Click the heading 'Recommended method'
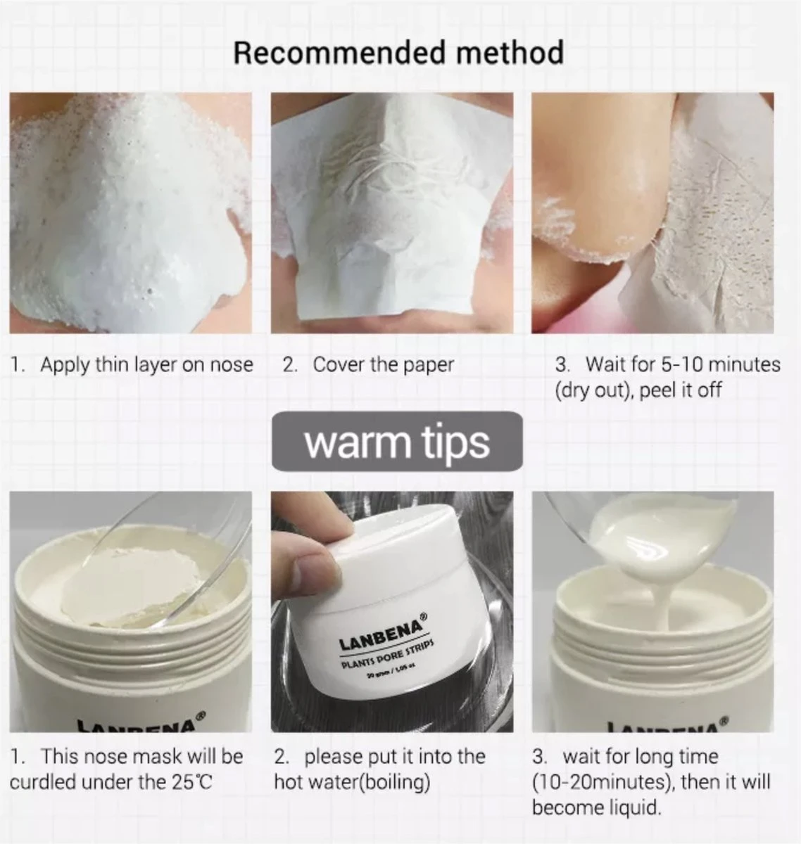(398, 53)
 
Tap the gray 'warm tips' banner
(397, 442)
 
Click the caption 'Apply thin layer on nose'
(146, 365)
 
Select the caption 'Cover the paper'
(383, 365)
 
